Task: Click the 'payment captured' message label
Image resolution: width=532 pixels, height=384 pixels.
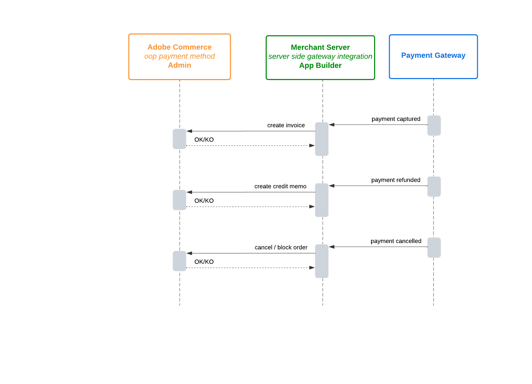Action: [x=396, y=119]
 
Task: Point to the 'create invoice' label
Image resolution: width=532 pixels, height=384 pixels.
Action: [x=286, y=125]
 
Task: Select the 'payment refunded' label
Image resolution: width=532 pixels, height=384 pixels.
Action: [x=396, y=180]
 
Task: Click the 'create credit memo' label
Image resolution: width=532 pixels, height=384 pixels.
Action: [x=280, y=187]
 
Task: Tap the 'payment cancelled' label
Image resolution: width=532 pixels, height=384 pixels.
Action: [x=396, y=241]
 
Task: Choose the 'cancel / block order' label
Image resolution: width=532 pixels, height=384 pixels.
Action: [x=281, y=248]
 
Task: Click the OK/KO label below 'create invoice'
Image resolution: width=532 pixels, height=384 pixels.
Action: [x=204, y=140]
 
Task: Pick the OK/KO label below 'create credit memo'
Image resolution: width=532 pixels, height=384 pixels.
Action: [x=204, y=201]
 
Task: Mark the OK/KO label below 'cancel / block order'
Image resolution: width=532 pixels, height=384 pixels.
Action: [x=204, y=262]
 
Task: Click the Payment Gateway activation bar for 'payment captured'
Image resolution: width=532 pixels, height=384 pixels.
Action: [x=434, y=126]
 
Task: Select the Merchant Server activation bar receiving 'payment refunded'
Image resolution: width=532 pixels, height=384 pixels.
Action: [x=322, y=200]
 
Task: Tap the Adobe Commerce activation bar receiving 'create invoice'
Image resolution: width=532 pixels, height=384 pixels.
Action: [x=179, y=139]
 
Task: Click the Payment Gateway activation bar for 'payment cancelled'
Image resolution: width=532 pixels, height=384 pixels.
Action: [x=434, y=248]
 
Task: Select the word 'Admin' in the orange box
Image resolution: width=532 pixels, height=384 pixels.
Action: [x=180, y=65]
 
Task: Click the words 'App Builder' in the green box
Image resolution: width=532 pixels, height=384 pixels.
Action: [x=321, y=65]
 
